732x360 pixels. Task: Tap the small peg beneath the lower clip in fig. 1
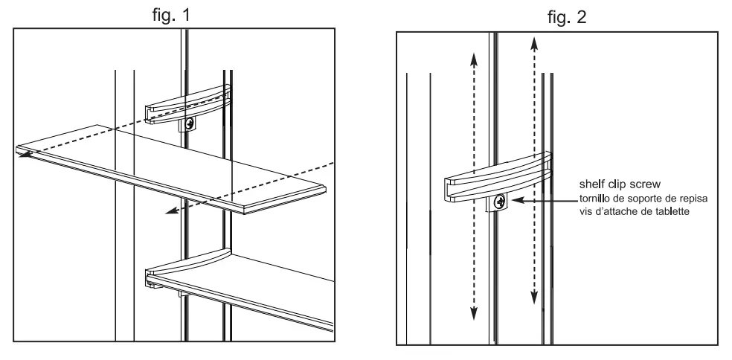[181, 295]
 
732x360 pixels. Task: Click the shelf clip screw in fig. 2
[499, 201]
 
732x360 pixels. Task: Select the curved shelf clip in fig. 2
[498, 177]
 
